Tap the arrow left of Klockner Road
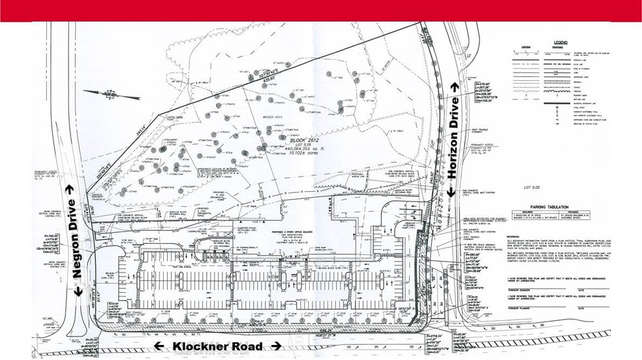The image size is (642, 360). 159,346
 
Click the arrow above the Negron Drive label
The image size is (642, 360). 71,189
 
